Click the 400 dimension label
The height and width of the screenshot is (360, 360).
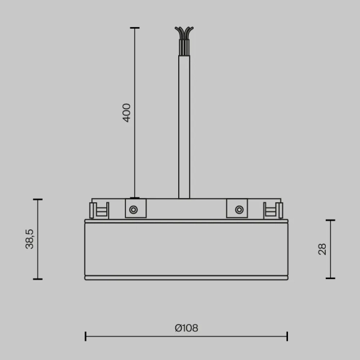(127, 113)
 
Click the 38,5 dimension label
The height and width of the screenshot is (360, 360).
(30, 239)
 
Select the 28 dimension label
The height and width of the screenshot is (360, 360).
(322, 249)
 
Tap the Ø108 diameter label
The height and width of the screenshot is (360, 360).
(186, 328)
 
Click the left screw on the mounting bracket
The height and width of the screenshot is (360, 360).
(133, 209)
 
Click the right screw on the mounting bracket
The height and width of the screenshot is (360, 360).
(239, 209)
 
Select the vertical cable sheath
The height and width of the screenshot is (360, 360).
(184, 126)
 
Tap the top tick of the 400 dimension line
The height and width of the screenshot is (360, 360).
(134, 28)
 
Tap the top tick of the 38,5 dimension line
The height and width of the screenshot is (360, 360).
(38, 199)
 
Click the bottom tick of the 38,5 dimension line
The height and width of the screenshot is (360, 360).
(38, 279)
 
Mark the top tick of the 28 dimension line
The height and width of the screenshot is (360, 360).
(330, 220)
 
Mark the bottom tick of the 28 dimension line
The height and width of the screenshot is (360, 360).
(330, 278)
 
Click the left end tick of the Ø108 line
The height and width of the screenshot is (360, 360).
(85, 336)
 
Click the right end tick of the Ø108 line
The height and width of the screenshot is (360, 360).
(287, 336)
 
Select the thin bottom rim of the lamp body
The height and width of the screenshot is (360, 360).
(186, 278)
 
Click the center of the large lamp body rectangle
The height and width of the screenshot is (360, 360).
(186, 249)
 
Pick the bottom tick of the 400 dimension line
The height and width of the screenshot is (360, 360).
(134, 198)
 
